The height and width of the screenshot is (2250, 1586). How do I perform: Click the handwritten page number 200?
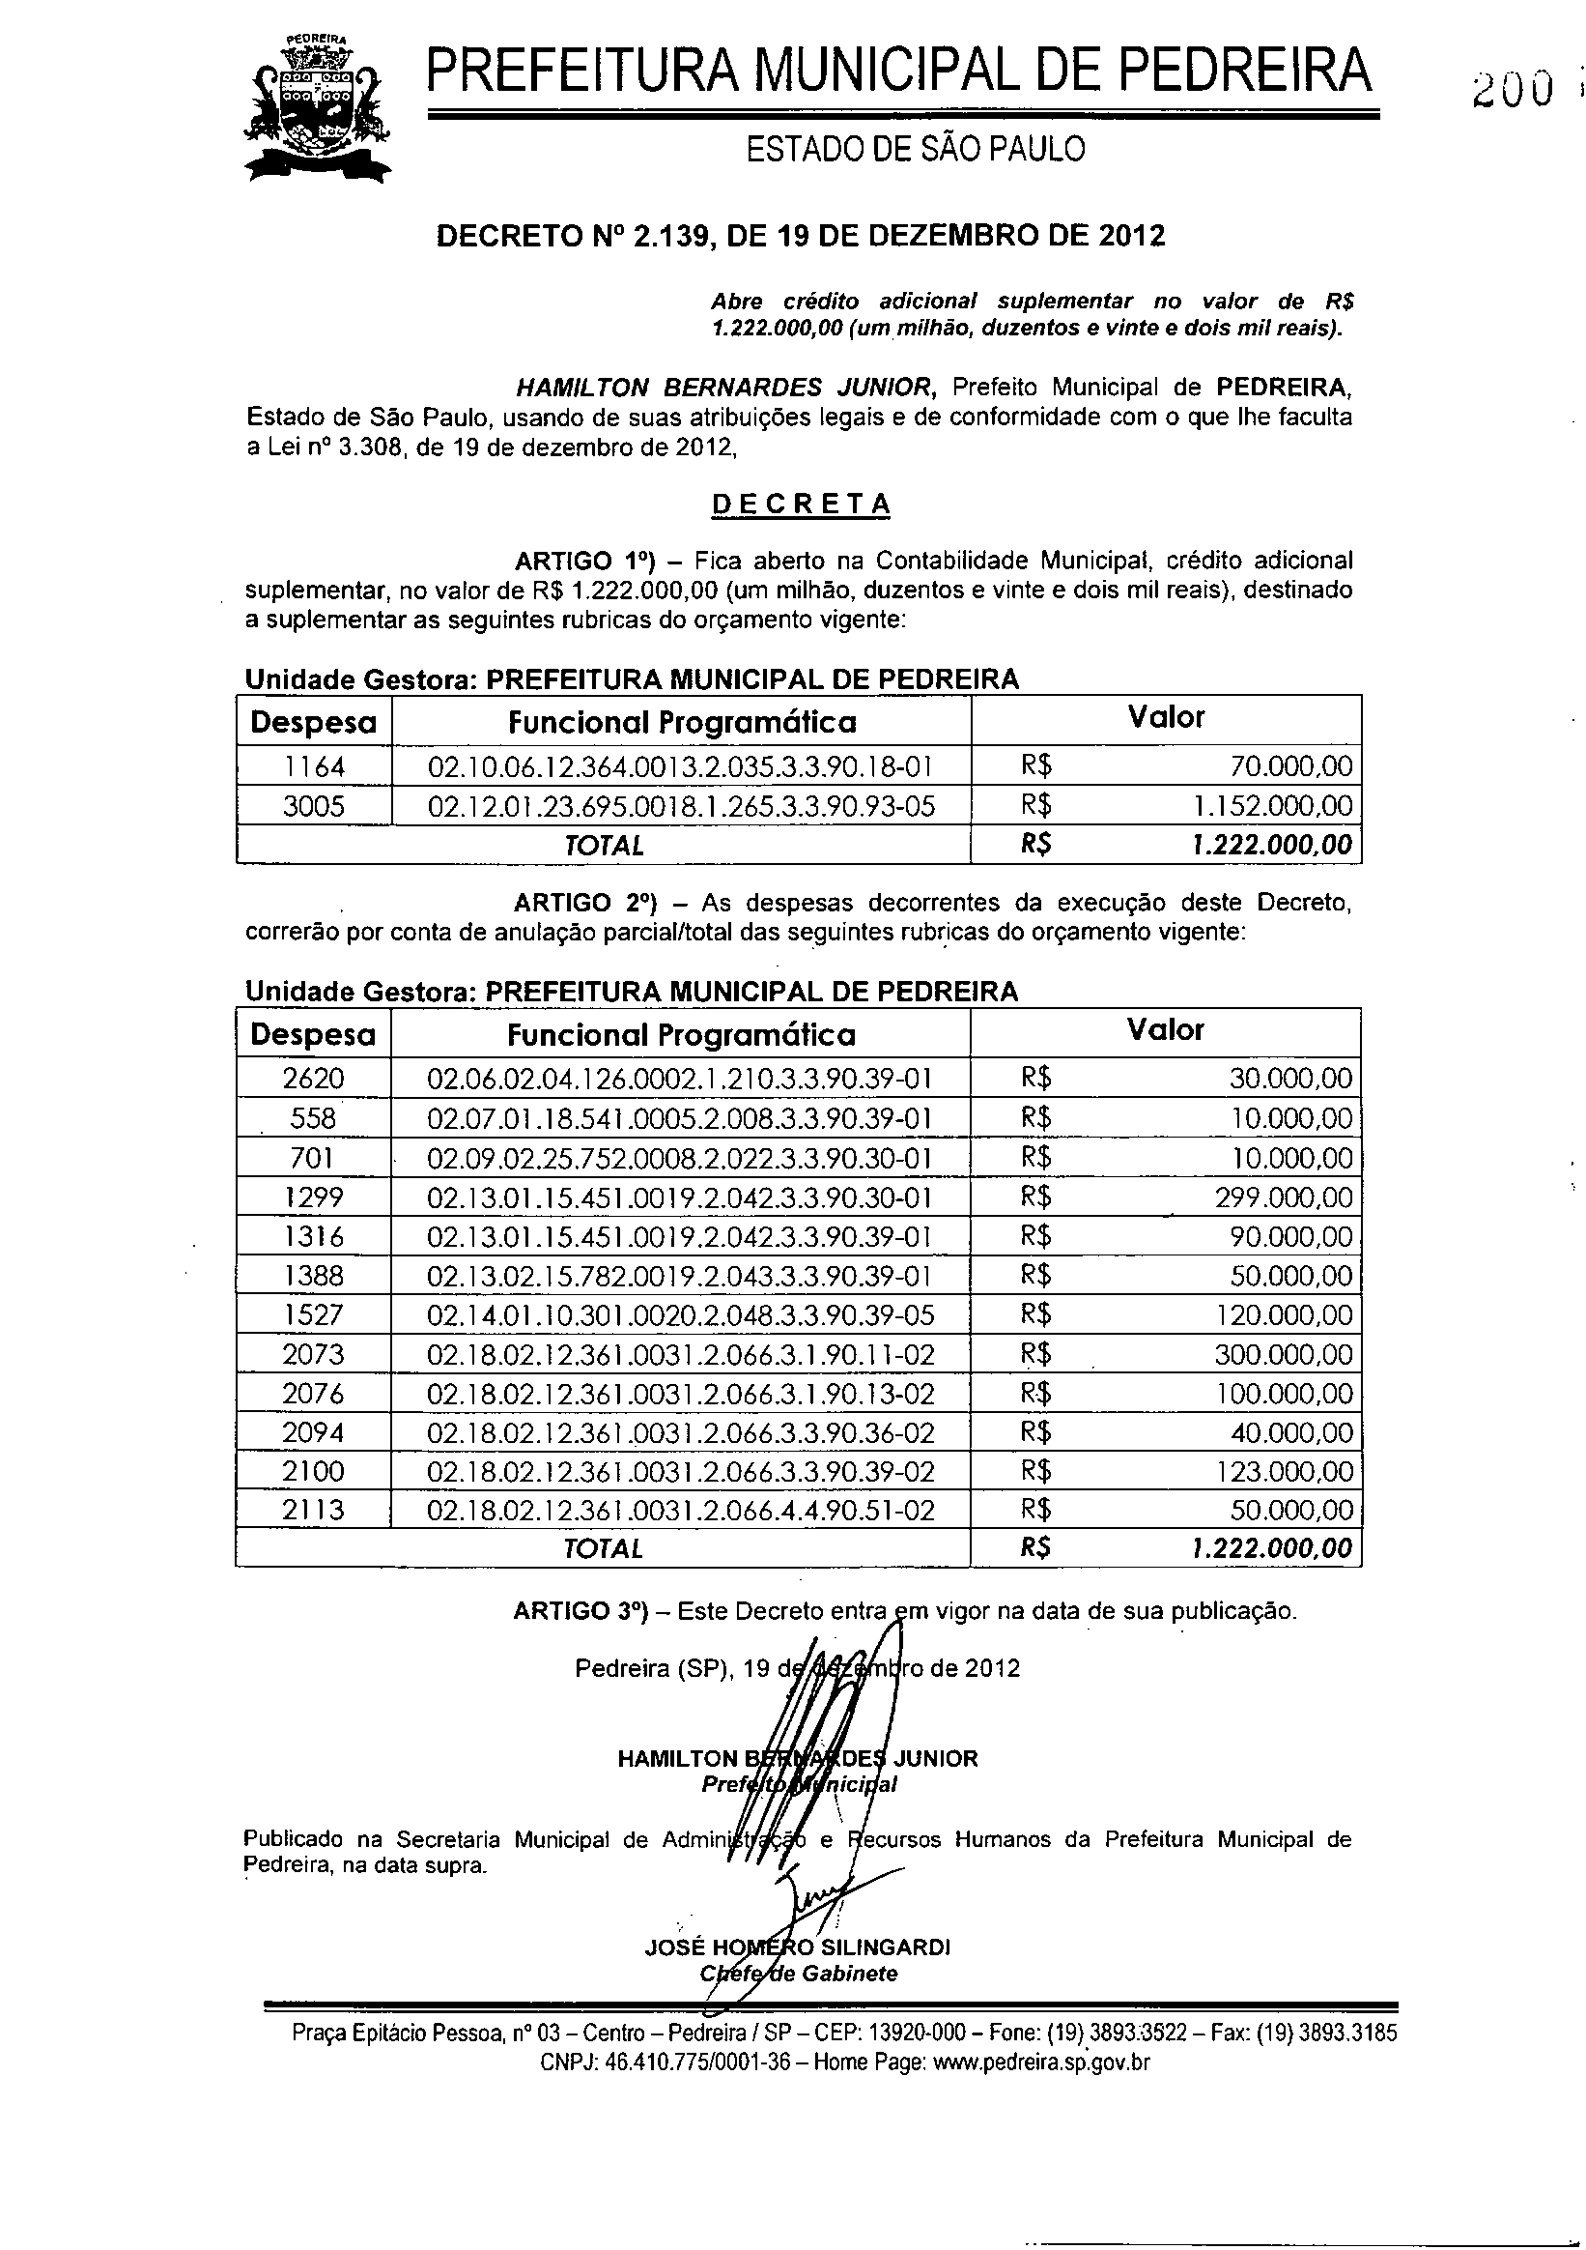1512,90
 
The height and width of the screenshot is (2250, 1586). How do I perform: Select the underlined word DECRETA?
801,504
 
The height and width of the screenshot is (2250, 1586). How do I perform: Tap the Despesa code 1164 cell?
314,765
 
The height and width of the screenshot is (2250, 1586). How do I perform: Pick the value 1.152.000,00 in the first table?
1272,806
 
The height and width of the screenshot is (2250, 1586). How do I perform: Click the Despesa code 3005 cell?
314,806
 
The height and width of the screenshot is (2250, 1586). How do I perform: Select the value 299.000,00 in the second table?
1284,1197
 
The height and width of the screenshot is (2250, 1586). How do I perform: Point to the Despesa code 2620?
314,1079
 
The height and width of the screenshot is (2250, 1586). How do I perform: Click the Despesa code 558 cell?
314,1118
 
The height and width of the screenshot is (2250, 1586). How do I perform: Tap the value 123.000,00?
1284,1471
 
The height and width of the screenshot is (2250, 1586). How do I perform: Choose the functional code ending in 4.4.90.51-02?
681,1510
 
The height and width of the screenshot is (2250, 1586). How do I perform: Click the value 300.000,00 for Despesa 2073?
1284,1354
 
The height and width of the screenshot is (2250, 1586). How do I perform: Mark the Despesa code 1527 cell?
314,1315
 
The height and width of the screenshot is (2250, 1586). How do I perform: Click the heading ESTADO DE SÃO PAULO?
916,149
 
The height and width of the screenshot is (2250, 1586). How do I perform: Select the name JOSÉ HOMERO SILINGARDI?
798,1947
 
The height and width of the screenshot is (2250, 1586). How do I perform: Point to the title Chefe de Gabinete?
799,1973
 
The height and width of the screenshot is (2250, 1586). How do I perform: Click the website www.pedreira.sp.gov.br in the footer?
1041,2062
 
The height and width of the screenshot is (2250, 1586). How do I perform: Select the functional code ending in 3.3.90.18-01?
681,765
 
